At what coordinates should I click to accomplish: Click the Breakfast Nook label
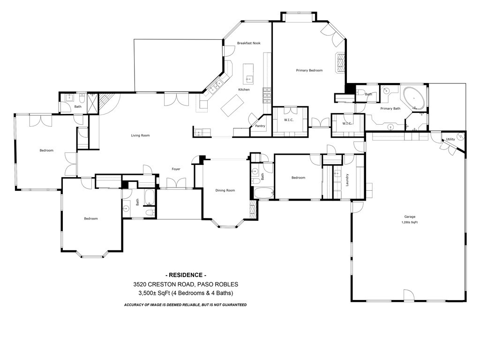[248, 43]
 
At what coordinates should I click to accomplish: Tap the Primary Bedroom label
[309, 70]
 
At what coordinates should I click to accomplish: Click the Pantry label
[260, 126]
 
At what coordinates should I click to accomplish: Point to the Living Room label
[140, 135]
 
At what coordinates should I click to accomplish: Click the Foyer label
[176, 169]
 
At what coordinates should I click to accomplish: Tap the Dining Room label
[225, 190]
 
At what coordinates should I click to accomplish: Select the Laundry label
[347, 180]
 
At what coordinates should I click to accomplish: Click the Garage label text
[410, 217]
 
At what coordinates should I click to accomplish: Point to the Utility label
[450, 139]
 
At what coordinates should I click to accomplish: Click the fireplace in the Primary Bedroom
[340, 62]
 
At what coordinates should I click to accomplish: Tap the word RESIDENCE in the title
[186, 275]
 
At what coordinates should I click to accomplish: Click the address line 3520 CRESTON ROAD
[185, 284]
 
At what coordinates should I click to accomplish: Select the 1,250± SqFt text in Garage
[410, 222]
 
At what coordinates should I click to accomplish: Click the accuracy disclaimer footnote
[185, 305]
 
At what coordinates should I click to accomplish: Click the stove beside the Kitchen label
[267, 95]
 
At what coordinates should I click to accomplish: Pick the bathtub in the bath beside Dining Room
[263, 192]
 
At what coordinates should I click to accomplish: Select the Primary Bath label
[390, 109]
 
